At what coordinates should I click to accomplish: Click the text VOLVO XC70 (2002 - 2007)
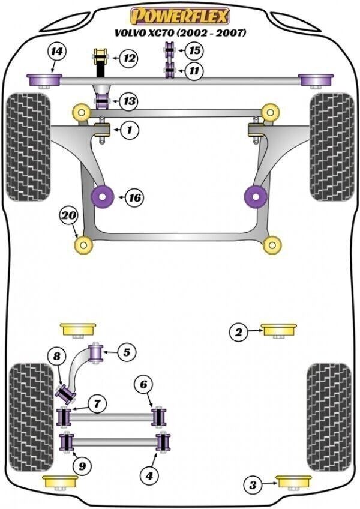pos(180,34)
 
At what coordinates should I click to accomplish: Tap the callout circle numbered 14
pos(56,53)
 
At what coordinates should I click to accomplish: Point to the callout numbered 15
pos(193,50)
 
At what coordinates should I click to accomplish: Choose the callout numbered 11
pos(193,71)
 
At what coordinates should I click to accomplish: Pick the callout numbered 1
pos(128,128)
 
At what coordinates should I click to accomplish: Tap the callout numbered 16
pos(134,197)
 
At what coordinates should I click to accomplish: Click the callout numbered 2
pos(238,331)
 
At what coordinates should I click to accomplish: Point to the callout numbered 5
pos(126,352)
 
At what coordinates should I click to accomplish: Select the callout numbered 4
pos(149,475)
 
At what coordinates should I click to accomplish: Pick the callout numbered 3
pos(253,484)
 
